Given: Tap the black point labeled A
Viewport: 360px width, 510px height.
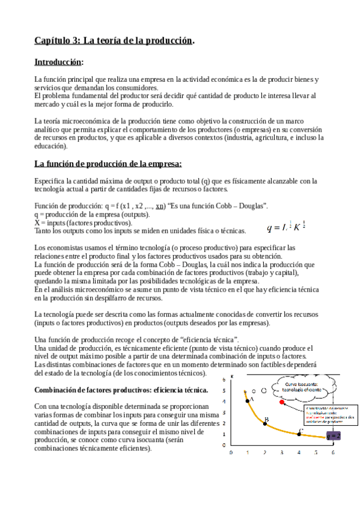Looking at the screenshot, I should coord(246,392).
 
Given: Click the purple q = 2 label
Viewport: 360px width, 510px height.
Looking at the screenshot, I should coord(334,435).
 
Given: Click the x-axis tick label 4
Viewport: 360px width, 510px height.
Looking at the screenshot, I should coord(299,452).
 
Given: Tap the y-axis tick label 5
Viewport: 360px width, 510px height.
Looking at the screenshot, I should coord(224,390).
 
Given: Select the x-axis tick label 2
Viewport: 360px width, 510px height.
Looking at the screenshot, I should coord(264,452).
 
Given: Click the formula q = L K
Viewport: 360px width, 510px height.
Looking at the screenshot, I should coord(287,227).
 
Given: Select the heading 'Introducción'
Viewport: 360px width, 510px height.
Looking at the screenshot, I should coord(58,62).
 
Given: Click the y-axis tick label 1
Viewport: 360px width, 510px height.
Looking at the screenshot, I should coord(224,434).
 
